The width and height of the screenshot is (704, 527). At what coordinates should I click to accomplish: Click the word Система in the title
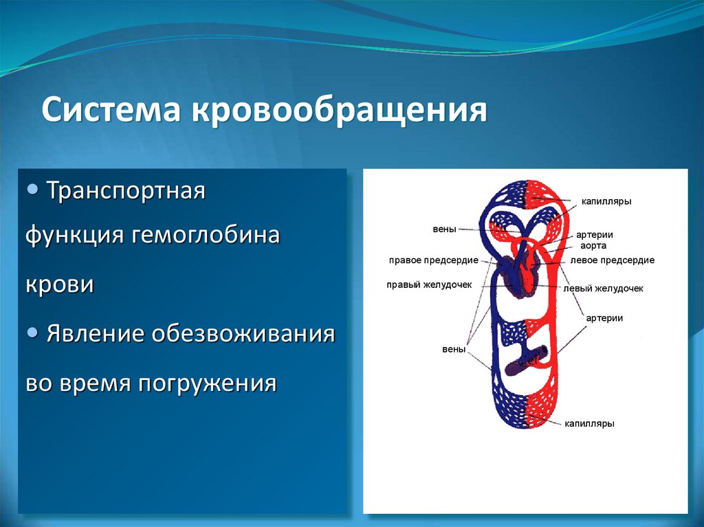pos(111,109)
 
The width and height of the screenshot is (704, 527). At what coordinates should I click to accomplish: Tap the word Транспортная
pos(126,191)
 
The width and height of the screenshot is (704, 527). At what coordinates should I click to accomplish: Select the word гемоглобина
pos(206,235)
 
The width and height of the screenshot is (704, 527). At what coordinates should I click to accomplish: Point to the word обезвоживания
pos(243,333)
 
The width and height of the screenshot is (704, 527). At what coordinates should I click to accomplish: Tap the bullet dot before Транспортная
pos(33,190)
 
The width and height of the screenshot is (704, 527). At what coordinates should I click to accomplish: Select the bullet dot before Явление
pos(33,333)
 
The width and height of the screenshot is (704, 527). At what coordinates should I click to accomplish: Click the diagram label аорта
pos(593,246)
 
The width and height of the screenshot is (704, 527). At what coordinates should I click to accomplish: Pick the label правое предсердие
pos(433,261)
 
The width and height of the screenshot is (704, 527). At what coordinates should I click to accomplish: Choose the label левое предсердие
pos(612,260)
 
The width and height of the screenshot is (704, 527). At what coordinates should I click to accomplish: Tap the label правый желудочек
pos(429,285)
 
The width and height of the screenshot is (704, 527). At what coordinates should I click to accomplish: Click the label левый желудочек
pos(603,289)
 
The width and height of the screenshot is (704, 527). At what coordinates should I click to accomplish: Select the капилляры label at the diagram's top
pos(606,201)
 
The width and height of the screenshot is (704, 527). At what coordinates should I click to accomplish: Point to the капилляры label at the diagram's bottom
pos(589,424)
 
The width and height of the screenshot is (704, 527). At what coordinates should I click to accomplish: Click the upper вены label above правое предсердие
pos(444,229)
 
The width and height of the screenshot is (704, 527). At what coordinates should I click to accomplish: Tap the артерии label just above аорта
pos(595,235)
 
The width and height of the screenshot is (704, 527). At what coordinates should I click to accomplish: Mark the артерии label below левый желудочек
pos(604,318)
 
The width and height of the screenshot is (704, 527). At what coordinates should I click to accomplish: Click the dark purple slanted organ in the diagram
pos(527,361)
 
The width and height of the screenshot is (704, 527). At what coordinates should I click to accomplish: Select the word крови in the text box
pos(60,285)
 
